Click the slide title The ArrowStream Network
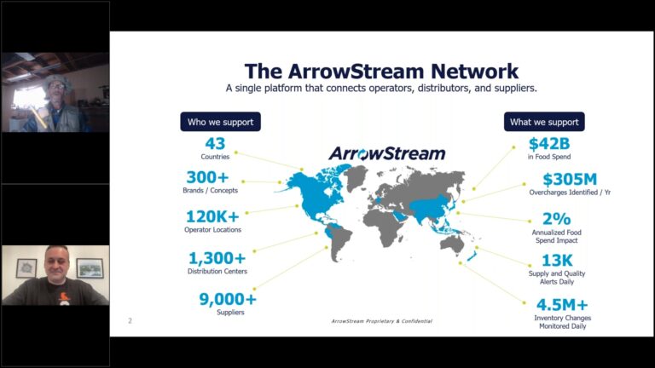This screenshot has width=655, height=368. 381,71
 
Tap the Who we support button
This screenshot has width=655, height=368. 220,122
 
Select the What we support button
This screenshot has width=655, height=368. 544,122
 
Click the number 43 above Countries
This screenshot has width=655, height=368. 215,144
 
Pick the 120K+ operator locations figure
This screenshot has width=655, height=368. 214,216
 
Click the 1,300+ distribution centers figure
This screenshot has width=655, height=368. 217,257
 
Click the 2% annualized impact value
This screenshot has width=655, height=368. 555,218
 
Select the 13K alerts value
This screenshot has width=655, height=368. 556,260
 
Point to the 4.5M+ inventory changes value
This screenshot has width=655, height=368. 562,304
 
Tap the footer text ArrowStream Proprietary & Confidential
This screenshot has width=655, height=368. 382,321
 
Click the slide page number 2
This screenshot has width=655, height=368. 130,320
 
